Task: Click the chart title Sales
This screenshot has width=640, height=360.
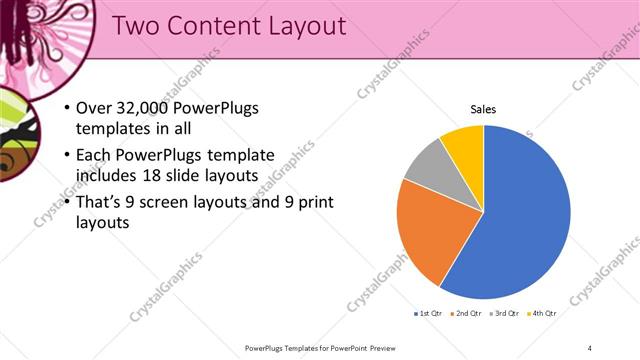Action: (x=483, y=109)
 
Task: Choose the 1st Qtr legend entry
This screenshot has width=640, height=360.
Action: (x=428, y=314)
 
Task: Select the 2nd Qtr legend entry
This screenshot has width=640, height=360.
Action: (x=465, y=314)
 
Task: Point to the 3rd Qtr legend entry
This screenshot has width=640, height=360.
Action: (x=503, y=314)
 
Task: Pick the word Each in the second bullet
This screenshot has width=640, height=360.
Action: (x=94, y=155)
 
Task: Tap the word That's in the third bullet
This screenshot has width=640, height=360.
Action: (x=101, y=203)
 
